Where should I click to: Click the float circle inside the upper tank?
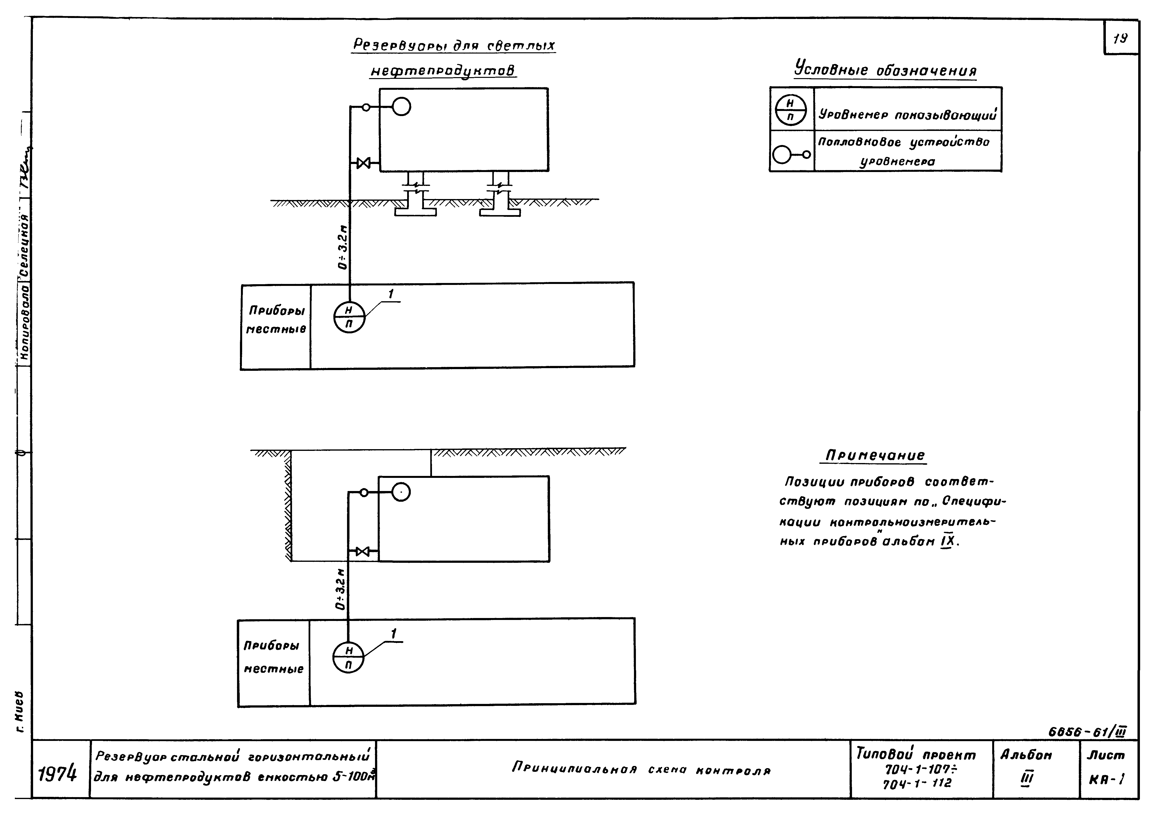tap(402, 107)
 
